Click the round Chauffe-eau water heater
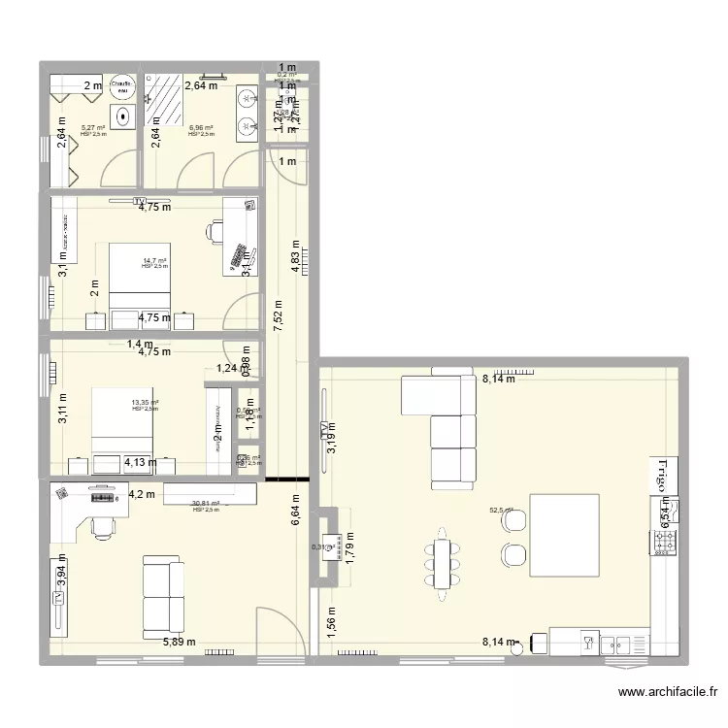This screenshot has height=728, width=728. click(121, 87)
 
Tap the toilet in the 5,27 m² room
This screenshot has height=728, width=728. click(123, 117)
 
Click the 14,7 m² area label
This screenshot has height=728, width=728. click(154, 261)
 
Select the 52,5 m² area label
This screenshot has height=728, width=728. click(501, 510)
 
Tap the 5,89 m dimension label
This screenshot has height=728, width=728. click(179, 642)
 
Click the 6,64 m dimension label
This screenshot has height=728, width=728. click(295, 509)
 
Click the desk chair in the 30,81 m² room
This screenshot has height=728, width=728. click(102, 525)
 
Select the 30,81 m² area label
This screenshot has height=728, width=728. click(205, 504)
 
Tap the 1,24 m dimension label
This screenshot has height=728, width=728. click(226, 368)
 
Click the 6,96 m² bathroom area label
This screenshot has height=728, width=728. click(201, 127)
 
